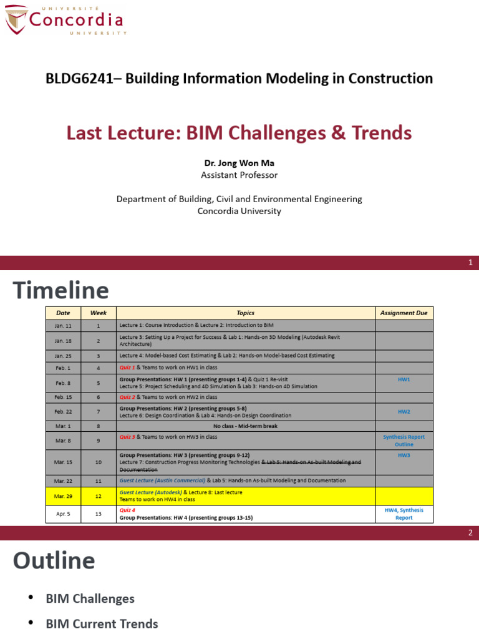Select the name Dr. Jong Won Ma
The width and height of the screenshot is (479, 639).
coord(239,163)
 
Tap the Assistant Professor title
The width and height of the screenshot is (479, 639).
coord(239,175)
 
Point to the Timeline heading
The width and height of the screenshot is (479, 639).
coord(61,290)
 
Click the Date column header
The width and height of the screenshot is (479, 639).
coord(63,313)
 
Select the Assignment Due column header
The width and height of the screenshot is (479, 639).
coord(404,313)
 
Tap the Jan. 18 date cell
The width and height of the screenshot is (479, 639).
coord(63,341)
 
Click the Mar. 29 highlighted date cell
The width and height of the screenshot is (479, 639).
coord(63,496)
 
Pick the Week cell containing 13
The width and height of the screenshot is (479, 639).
coord(98,514)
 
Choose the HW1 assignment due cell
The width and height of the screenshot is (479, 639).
coord(404,379)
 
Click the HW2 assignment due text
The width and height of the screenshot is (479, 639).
coord(404,412)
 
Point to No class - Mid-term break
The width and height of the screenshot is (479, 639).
coord(245,426)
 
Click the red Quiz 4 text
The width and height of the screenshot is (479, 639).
coord(127,510)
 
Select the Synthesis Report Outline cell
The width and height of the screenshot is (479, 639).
coord(404,441)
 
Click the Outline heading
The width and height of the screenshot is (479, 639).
coord(54,560)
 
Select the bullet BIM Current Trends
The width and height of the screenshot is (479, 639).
coord(102,623)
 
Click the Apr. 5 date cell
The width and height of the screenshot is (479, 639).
coord(63,514)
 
